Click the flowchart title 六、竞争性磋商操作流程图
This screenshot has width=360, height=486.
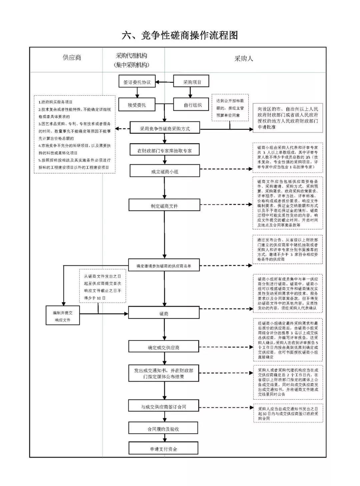[x=180, y=35]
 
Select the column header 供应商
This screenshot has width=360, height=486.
[x=72, y=57]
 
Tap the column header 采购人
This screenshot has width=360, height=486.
[x=244, y=58]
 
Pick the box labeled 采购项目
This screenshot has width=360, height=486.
[x=192, y=82]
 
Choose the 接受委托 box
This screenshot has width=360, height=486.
[x=137, y=105]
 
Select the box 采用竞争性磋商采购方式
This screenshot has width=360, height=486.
[x=165, y=128]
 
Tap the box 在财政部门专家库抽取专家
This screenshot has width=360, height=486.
[x=165, y=150]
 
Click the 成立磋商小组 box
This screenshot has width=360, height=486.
[x=165, y=171]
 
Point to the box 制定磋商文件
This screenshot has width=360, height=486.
[x=165, y=206]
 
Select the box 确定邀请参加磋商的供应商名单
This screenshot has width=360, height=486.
[x=164, y=266]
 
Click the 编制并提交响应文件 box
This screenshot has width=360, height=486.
[x=63, y=316]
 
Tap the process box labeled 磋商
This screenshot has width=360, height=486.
[x=164, y=313]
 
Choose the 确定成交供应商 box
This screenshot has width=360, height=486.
[x=164, y=347]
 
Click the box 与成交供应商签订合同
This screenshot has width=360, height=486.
[x=163, y=407]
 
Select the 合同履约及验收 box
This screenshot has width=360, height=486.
[x=163, y=429]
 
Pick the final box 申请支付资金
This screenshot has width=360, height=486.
[x=163, y=449]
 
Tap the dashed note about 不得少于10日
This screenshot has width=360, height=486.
[x=102, y=286]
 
